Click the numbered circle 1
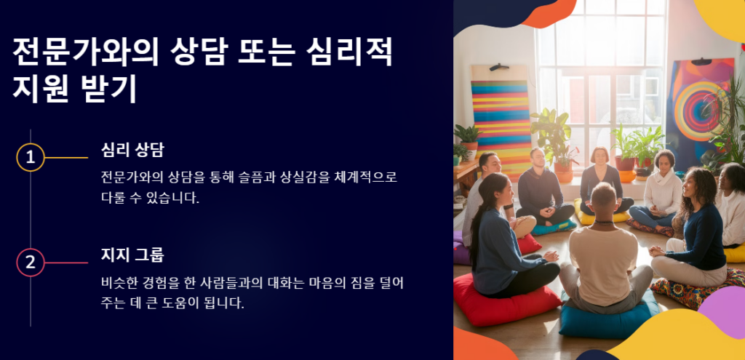31,157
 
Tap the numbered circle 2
31,263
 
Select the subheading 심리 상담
132,150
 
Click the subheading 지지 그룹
132,255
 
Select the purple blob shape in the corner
725,306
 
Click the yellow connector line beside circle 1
66,157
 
